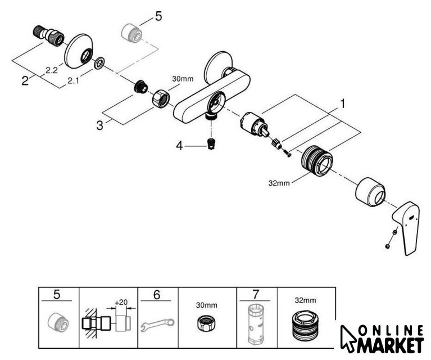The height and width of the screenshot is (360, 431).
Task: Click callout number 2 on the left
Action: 25,80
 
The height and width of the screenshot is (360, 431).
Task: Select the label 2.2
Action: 51,70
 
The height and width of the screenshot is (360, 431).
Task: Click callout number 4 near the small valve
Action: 180,146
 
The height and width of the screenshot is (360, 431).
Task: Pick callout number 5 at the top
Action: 158,16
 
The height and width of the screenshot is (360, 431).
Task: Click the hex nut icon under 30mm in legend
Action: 207,325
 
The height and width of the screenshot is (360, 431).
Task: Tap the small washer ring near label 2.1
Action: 99,63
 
